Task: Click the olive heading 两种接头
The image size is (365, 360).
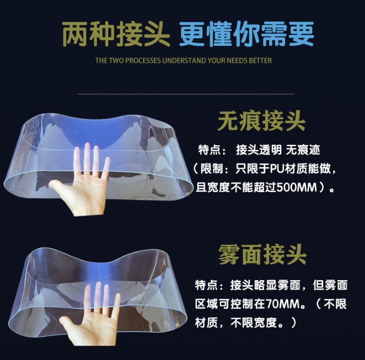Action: pos(115,34)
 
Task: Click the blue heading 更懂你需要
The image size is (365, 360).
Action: pos(247,34)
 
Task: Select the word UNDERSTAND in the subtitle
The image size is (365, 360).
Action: pos(185,61)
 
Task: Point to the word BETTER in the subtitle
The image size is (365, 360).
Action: pos(260,61)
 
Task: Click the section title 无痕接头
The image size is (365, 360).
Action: pos(261,121)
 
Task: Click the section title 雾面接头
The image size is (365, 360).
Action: pos(262,254)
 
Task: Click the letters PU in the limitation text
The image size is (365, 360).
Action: pos(276,168)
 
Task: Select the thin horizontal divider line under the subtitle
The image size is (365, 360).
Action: pos(186,94)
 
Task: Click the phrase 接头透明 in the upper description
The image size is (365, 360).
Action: pos(259,150)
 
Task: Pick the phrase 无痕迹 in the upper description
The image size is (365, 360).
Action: pos(303,150)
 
